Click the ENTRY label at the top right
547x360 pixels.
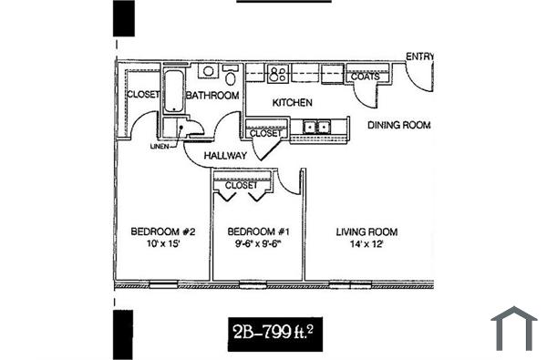419,56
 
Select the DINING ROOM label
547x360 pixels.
398,125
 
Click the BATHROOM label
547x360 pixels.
212,95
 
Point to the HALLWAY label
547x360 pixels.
226,156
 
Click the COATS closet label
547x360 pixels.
365,77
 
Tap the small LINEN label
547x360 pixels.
160,146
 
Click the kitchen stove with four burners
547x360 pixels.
278,72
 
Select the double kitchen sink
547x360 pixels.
317,128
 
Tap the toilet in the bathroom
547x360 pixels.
209,71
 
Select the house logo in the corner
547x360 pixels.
513,328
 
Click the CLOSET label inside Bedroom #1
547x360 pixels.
242,186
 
